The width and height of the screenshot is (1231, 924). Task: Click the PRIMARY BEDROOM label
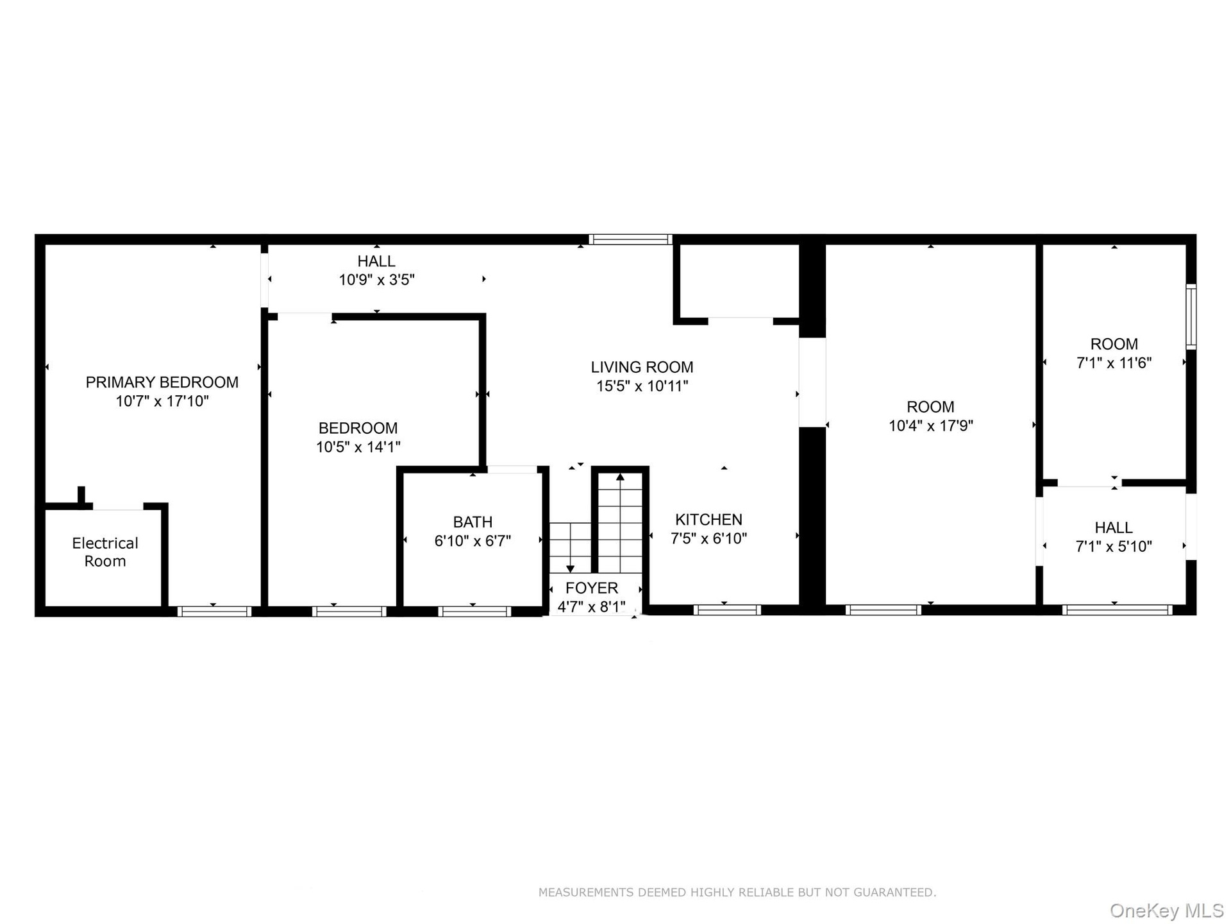point(162,382)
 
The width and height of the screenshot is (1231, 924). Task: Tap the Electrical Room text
point(105,552)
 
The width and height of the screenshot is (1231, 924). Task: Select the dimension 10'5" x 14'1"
point(358,447)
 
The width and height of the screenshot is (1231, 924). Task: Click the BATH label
point(473,522)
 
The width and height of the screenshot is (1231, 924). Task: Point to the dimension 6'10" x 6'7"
point(473,541)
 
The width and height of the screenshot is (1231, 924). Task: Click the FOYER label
point(592,588)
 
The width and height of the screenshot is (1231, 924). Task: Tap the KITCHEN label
point(708,520)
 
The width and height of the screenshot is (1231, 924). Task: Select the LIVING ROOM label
point(642,367)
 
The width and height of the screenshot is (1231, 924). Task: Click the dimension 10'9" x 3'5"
point(377,280)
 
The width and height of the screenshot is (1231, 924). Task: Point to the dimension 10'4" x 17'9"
point(931,425)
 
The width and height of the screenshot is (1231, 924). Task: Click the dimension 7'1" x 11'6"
point(1114,363)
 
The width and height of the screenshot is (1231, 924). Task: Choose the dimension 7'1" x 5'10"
point(1114,546)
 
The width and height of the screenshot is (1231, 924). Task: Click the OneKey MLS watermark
point(1167,910)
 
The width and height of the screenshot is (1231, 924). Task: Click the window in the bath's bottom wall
point(474,612)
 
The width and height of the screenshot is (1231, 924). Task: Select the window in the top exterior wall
point(630,239)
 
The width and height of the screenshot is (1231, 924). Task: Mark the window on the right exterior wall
point(1191,316)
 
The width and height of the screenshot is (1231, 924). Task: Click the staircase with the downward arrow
point(570,547)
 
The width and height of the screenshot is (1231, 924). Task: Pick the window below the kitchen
point(727,610)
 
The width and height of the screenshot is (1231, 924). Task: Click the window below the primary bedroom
point(214,612)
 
